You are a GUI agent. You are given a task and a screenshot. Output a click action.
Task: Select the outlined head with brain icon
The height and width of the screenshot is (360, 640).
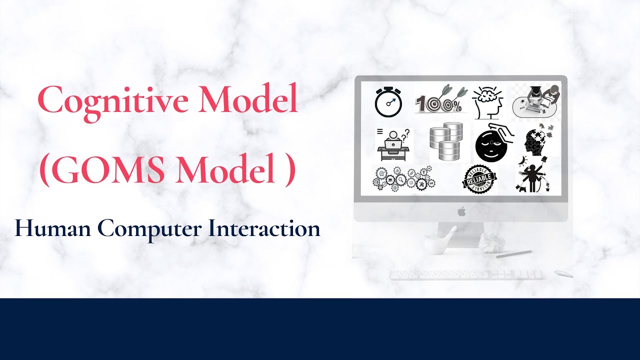488,101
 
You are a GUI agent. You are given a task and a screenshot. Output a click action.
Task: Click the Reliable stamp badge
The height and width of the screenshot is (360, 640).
479,179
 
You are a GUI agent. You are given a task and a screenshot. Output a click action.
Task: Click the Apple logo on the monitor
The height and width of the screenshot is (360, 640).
461,211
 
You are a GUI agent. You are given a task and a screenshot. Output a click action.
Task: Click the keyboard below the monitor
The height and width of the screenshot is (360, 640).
465,274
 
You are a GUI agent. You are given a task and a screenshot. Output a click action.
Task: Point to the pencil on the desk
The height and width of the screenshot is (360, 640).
513,254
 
